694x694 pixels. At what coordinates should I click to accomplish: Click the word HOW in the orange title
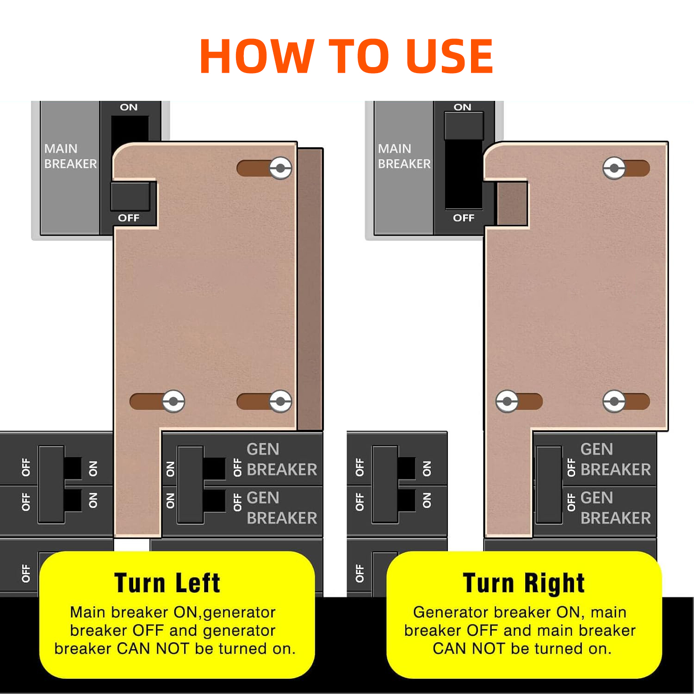click(x=257, y=56)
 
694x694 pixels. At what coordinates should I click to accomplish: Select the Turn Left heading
click(x=167, y=583)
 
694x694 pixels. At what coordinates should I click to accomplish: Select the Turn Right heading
click(x=524, y=583)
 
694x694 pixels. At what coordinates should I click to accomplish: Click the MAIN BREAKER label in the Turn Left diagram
click(x=70, y=156)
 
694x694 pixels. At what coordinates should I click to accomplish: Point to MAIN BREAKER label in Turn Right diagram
click(x=404, y=156)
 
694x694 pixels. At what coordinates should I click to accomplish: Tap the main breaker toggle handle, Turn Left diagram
click(x=130, y=196)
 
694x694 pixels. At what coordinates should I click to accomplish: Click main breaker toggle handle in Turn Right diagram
click(x=464, y=126)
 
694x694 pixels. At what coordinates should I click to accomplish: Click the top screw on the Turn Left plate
click(x=280, y=168)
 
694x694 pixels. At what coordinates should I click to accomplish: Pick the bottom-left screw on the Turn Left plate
click(x=173, y=401)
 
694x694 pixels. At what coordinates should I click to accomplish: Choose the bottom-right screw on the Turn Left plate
click(x=280, y=401)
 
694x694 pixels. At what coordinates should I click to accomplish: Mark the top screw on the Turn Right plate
click(x=614, y=168)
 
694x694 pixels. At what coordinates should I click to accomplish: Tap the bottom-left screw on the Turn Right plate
click(x=507, y=401)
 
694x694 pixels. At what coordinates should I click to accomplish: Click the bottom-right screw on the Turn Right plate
click(x=614, y=401)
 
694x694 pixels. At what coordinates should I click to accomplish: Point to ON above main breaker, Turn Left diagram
click(x=129, y=107)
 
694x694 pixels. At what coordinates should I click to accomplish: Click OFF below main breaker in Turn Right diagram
click(x=464, y=218)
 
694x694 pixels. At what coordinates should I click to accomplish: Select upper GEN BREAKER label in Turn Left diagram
click(x=282, y=459)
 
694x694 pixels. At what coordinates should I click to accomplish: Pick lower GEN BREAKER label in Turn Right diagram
click(x=615, y=508)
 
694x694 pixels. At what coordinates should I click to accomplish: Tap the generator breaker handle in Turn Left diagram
click(x=190, y=484)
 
